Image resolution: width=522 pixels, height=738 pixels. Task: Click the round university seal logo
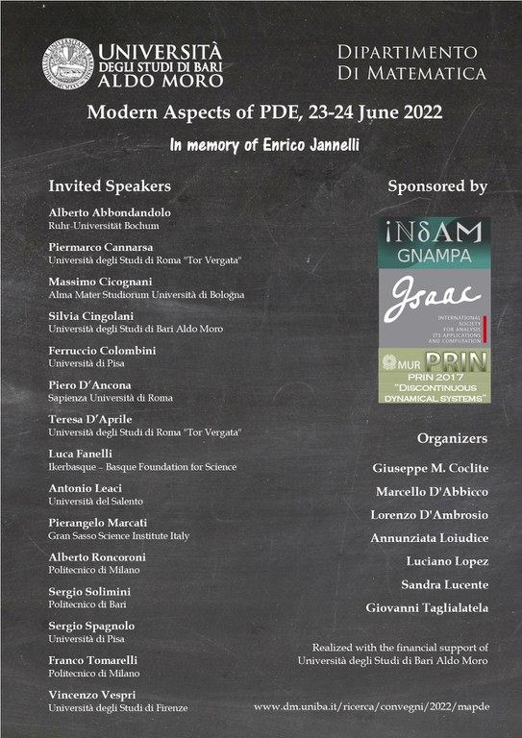(x=66, y=62)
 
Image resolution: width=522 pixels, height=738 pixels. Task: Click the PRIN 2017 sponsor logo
(x=434, y=375)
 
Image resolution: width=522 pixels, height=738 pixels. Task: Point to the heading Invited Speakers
(x=110, y=186)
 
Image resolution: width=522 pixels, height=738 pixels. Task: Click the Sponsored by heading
(x=437, y=186)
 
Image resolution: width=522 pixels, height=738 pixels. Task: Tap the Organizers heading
(x=452, y=438)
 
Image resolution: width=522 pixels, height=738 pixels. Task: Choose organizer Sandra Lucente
(x=444, y=584)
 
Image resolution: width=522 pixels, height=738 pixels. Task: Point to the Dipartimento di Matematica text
(x=412, y=61)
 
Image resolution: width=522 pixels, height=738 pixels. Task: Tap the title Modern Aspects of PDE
(x=264, y=111)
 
